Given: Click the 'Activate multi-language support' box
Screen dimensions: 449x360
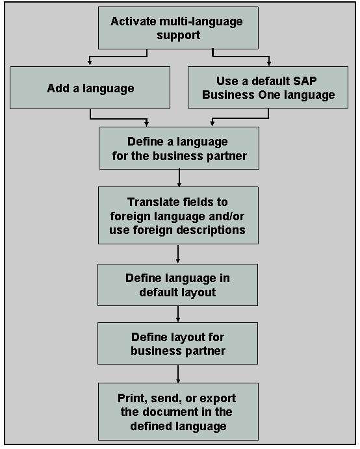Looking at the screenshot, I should [x=176, y=28].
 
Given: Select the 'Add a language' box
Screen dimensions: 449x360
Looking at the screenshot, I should [x=90, y=88].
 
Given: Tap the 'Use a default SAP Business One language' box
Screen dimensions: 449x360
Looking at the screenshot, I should [x=268, y=88].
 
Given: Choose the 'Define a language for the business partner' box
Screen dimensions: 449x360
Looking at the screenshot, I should [x=178, y=148].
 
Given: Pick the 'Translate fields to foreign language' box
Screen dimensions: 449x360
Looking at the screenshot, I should [x=178, y=216].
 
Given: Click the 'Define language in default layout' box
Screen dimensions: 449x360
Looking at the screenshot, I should [x=177, y=285].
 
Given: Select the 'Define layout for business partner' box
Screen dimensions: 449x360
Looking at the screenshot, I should [x=177, y=343].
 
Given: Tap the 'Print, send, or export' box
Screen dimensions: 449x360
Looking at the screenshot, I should [x=177, y=411].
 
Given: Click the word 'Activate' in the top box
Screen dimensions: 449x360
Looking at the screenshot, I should [x=132, y=21].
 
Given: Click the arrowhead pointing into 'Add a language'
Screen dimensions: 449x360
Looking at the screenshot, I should [x=90, y=63].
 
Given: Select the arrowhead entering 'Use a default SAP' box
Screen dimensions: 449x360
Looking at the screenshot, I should [x=268, y=63].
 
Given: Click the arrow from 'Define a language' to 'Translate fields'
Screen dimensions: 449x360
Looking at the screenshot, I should [x=178, y=178].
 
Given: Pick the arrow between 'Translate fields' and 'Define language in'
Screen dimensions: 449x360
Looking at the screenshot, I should [x=178, y=253].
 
